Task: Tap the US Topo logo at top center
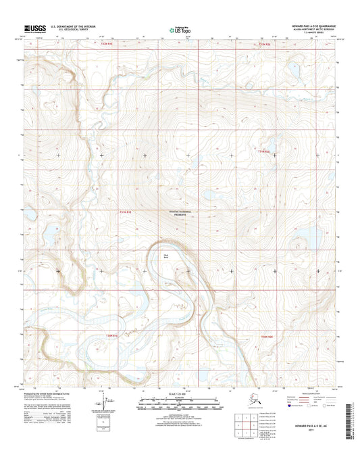(x=178, y=29)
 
